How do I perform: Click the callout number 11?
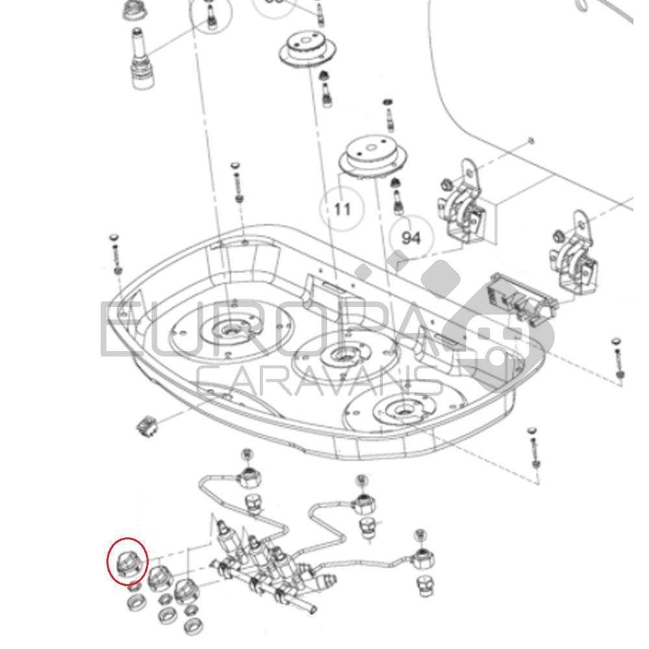pyautogui.click(x=342, y=209)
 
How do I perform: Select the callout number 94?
pyautogui.click(x=411, y=238)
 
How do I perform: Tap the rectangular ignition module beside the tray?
pyautogui.click(x=523, y=298)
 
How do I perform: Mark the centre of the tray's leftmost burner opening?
pyautogui.click(x=228, y=330)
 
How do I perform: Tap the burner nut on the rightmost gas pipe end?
pyautogui.click(x=422, y=557)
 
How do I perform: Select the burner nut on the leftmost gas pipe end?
pyautogui.click(x=249, y=477)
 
